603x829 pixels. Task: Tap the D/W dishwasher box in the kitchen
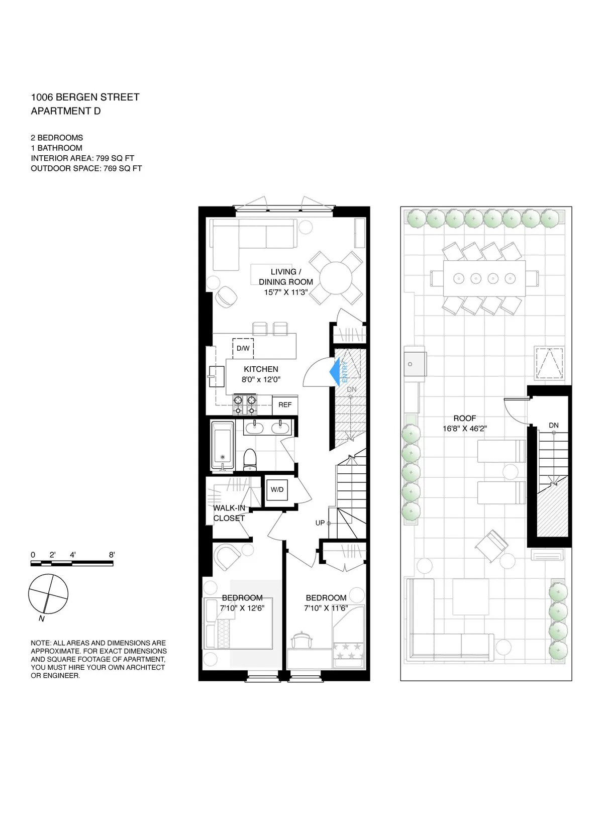(x=243, y=348)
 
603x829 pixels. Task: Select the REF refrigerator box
(x=285, y=405)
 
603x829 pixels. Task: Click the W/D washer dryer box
(x=277, y=489)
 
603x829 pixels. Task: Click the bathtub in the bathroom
(x=222, y=446)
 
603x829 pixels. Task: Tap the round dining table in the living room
(x=336, y=278)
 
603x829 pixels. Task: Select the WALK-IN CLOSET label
(x=229, y=513)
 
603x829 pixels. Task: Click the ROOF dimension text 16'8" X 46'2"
(x=464, y=429)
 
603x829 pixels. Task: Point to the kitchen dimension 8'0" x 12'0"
(x=261, y=380)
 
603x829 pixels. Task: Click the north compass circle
(x=48, y=594)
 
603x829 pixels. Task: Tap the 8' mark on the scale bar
(x=112, y=555)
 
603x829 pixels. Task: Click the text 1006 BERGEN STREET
(x=85, y=97)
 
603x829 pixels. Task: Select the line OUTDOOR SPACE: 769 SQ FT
(x=86, y=169)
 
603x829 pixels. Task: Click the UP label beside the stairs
(x=320, y=523)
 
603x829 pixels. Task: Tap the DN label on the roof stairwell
(x=553, y=425)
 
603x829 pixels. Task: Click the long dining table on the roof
(x=484, y=278)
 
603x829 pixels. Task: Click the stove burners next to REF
(x=245, y=404)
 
